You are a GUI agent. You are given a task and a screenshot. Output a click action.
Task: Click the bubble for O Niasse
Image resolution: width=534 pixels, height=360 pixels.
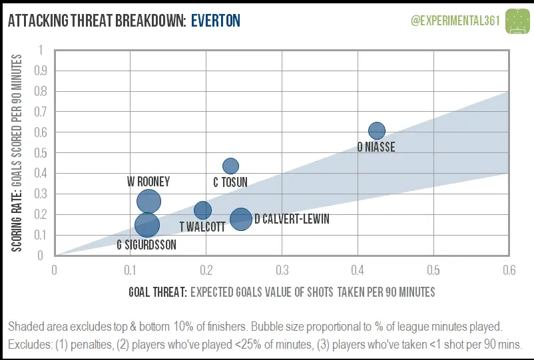[x=377, y=130]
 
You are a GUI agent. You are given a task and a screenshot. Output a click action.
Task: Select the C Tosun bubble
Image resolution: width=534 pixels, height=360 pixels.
[x=230, y=166]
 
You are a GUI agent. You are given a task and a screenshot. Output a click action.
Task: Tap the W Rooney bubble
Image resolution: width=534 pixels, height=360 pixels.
[x=148, y=202]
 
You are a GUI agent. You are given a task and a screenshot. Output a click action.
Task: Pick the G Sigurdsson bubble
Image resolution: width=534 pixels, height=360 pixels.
[x=147, y=225]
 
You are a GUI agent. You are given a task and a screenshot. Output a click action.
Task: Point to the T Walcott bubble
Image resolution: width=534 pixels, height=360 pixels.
[x=202, y=210]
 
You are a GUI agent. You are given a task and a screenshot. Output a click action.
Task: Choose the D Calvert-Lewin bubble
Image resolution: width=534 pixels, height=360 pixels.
[x=240, y=218]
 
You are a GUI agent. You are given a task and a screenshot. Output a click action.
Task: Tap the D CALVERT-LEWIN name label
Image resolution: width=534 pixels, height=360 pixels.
[x=292, y=219]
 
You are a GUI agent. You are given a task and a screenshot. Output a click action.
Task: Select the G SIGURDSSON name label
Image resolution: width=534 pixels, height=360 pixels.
[x=146, y=245]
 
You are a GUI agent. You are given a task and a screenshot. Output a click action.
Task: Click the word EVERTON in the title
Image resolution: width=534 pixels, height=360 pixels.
[x=215, y=21]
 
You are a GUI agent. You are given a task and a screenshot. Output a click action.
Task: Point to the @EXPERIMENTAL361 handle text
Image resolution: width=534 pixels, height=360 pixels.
[x=455, y=21]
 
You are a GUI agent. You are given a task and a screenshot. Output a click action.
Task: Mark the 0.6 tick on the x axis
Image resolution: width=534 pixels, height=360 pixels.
[x=509, y=270]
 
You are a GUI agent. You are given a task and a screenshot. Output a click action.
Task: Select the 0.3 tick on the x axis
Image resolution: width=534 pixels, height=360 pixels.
[x=282, y=270]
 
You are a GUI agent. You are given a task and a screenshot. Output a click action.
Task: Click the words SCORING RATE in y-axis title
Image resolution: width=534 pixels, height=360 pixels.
[x=18, y=218]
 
